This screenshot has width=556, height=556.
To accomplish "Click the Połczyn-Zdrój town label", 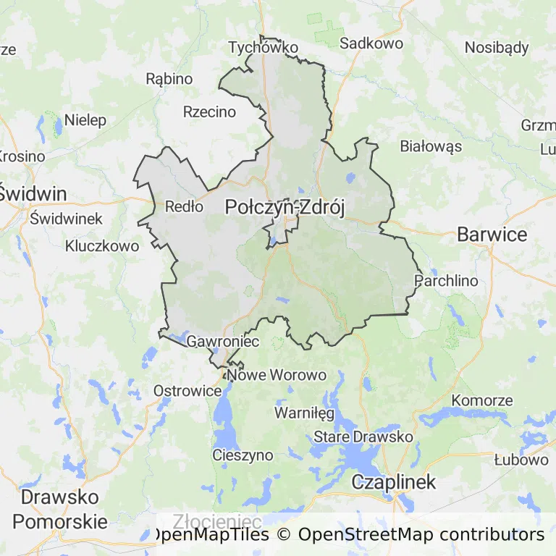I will pos(285,207).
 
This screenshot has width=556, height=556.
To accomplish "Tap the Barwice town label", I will pos(492,235).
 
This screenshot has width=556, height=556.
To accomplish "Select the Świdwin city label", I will pos(33,194).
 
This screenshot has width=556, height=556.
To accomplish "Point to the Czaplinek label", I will pos(394,482).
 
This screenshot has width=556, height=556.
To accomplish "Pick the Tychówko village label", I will pos(263,48).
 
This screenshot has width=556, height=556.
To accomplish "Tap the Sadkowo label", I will pos(371,43).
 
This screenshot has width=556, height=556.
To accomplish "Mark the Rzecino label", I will pos(209,111).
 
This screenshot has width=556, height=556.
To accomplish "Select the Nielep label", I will pos(85,120).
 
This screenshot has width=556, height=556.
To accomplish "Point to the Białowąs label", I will pos(431,146).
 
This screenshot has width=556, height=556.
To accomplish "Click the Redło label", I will pos(184,206).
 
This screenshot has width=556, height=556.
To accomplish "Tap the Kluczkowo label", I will pos(101,246).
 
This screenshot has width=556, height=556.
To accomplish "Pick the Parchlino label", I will pos(447,280).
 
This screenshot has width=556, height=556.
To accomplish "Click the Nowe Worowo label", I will pos(277,375).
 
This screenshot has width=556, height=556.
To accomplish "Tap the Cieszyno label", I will pos(243,455).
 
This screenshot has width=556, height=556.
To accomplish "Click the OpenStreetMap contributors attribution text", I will pos(421,535).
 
